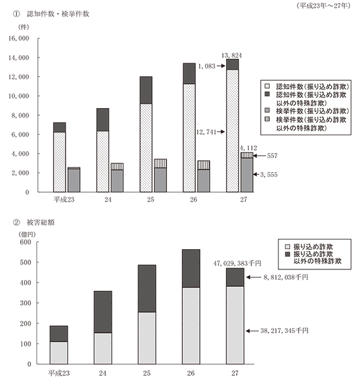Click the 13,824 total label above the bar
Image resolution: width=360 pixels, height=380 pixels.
[x=231, y=56]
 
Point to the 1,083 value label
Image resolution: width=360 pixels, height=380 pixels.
[x=207, y=66]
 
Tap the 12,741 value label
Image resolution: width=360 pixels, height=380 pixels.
[x=206, y=132]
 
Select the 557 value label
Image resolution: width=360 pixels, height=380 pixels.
[x=272, y=156]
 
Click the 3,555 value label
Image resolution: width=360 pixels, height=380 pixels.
[x=268, y=175]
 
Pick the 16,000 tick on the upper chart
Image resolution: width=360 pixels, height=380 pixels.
[x=19, y=39]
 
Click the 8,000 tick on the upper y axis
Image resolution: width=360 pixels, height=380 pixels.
[x=20, y=115]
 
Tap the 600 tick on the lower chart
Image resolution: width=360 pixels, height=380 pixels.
[x=26, y=242]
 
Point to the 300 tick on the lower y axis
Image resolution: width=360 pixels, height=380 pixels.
[x=26, y=303]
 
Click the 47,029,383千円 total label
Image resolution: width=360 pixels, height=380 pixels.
[x=237, y=264]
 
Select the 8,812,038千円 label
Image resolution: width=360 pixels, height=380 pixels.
[x=285, y=277]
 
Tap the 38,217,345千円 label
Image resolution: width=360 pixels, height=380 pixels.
[x=284, y=331]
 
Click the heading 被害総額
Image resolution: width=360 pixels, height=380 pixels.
[x=40, y=223]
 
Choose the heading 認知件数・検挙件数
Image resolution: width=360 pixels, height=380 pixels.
[x=58, y=14]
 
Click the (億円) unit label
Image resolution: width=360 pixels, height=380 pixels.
[x=27, y=235]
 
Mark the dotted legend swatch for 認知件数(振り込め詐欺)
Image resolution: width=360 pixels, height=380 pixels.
[x=267, y=86]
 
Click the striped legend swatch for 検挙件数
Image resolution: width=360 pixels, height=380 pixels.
[x=267, y=119]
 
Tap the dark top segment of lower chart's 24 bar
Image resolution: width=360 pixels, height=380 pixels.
[x=103, y=312]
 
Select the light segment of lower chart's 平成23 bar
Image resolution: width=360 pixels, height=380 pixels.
[x=59, y=353]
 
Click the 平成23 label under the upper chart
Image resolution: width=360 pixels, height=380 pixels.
[x=64, y=200]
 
